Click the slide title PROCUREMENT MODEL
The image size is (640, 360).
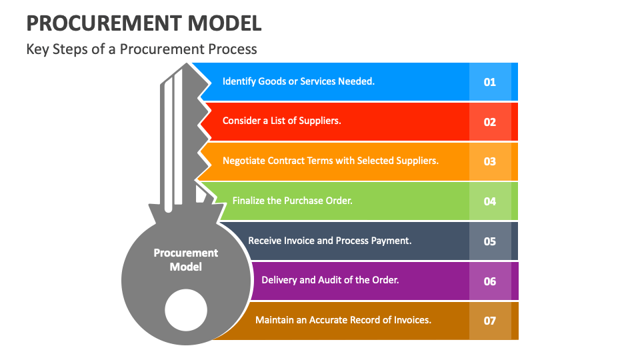pos(143,23)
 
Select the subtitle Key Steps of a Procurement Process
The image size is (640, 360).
pos(141,49)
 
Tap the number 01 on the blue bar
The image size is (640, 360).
pos(490,82)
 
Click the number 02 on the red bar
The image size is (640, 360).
pos(490,122)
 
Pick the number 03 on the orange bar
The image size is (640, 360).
pos(490,161)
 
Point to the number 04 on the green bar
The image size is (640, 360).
pos(490,201)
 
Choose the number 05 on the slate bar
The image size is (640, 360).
pos(490,241)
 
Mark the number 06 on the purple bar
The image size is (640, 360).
pos(490,281)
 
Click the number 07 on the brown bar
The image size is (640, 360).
pos(490,321)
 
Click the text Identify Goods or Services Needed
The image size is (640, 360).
pos(299,81)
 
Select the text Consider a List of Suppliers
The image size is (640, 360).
pos(281,121)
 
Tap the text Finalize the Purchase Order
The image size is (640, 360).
pos(292,200)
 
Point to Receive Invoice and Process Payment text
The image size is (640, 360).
pos(329,240)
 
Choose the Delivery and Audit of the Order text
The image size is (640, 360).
pos(330,280)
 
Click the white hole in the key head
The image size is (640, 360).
pos(186,311)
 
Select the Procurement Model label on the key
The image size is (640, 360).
pos(186,260)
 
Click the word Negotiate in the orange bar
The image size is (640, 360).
pos(243,161)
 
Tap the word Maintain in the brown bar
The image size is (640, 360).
pos(274,320)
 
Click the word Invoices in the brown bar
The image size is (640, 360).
pos(411,320)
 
